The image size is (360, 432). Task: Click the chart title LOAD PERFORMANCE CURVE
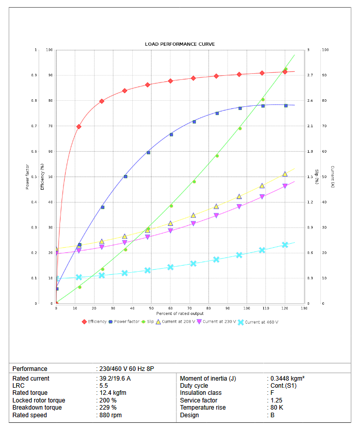click(180, 44)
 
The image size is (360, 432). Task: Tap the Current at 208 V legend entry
click(177, 322)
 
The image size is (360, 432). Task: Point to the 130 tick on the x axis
click(304, 308)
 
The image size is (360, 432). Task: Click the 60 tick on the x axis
click(170, 308)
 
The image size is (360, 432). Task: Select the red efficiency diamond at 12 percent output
click(79, 127)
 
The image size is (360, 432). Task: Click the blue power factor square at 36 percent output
click(125, 177)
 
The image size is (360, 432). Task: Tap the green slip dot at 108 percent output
click(262, 100)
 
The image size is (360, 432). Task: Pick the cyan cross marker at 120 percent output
click(285, 245)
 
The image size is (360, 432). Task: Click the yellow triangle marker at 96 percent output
click(239, 196)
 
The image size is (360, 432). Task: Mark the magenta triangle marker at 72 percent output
click(193, 224)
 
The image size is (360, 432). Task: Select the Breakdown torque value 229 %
click(108, 408)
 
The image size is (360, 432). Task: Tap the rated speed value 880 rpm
click(110, 415)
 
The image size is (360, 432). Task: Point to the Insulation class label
click(200, 393)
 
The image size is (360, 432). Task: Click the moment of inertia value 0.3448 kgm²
click(287, 379)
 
